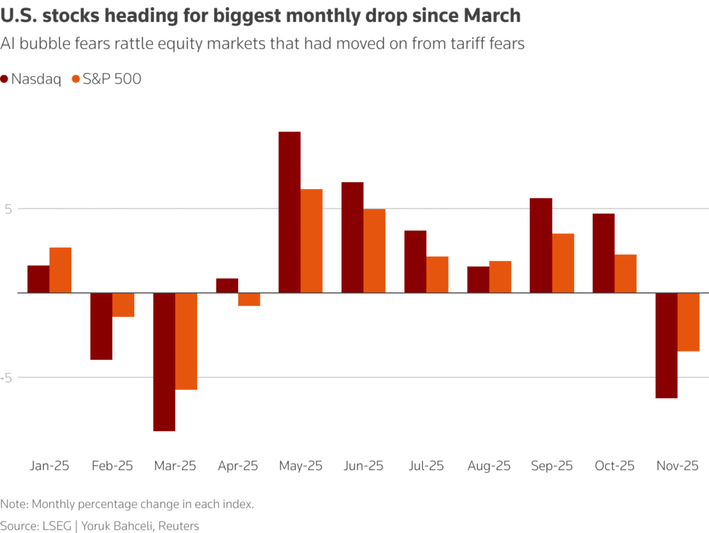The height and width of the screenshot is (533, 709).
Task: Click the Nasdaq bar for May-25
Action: point(289,212)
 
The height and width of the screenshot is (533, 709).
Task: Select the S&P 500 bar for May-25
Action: point(312,241)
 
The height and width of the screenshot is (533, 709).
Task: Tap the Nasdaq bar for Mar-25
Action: point(164,361)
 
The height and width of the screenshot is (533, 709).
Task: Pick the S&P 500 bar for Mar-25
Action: point(186,341)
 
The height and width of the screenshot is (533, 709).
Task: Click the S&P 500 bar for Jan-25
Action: point(60,270)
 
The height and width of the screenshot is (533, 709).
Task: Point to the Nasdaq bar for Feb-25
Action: point(101,326)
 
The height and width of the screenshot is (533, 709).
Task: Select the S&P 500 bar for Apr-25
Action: point(249,299)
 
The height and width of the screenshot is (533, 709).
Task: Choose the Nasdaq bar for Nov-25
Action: point(666,345)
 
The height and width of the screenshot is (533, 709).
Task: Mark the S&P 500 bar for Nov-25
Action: point(688,322)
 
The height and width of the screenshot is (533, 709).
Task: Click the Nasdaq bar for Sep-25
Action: point(541,245)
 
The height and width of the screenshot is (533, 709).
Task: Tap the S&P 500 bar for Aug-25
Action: point(500,277)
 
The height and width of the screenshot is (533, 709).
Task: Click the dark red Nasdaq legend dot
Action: point(6,79)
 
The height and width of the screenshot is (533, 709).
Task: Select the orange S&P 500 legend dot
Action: point(76,79)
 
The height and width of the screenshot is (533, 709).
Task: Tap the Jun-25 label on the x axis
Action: point(364,466)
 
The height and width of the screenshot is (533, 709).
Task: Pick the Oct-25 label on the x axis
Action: point(615,466)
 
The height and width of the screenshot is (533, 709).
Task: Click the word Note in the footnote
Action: point(14,504)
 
